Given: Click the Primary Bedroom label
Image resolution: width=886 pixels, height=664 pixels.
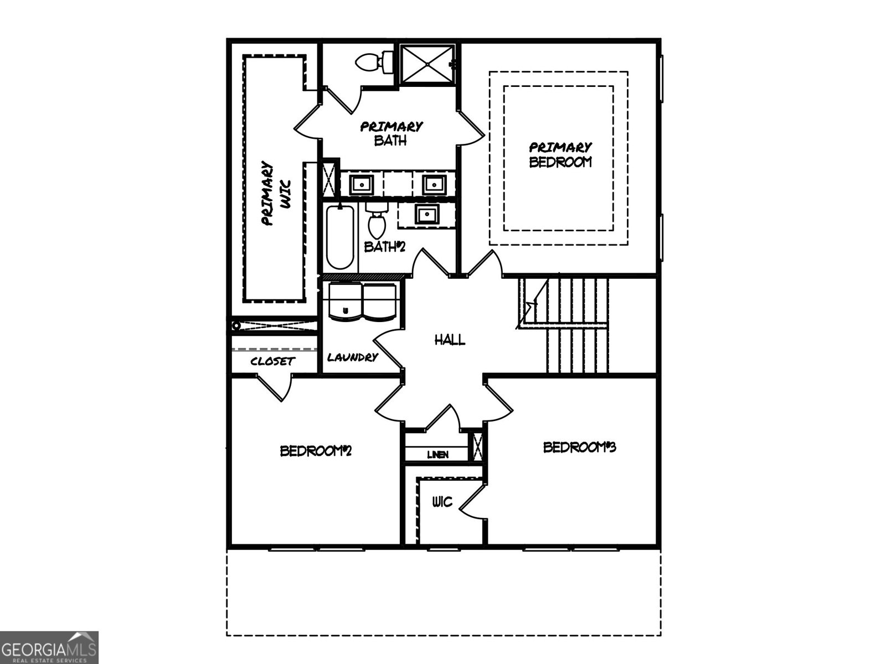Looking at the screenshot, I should (560, 154).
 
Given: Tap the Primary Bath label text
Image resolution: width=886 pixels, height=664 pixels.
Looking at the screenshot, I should (391, 133).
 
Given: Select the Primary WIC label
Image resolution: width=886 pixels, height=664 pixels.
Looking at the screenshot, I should (275, 193).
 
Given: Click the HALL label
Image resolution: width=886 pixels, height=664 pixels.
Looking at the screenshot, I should (450, 340).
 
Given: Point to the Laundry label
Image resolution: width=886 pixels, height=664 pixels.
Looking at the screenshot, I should (352, 357).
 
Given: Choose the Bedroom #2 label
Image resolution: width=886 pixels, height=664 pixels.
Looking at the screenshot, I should (316, 451).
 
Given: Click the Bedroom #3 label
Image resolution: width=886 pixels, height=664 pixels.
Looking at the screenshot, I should (579, 447).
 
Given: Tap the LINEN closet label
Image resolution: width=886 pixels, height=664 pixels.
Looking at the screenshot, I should (437, 455).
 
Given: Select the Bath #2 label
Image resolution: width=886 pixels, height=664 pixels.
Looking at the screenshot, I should (384, 246).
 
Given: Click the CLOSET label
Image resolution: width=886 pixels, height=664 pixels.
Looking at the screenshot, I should (273, 362).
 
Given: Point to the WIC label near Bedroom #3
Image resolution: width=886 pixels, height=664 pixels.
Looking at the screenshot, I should (442, 502).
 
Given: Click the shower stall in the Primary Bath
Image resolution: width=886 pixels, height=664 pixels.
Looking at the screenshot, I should (427, 64).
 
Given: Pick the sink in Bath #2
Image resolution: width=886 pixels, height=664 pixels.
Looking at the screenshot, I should (427, 214).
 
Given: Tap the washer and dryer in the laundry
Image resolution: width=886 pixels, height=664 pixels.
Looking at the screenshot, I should (362, 302).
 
